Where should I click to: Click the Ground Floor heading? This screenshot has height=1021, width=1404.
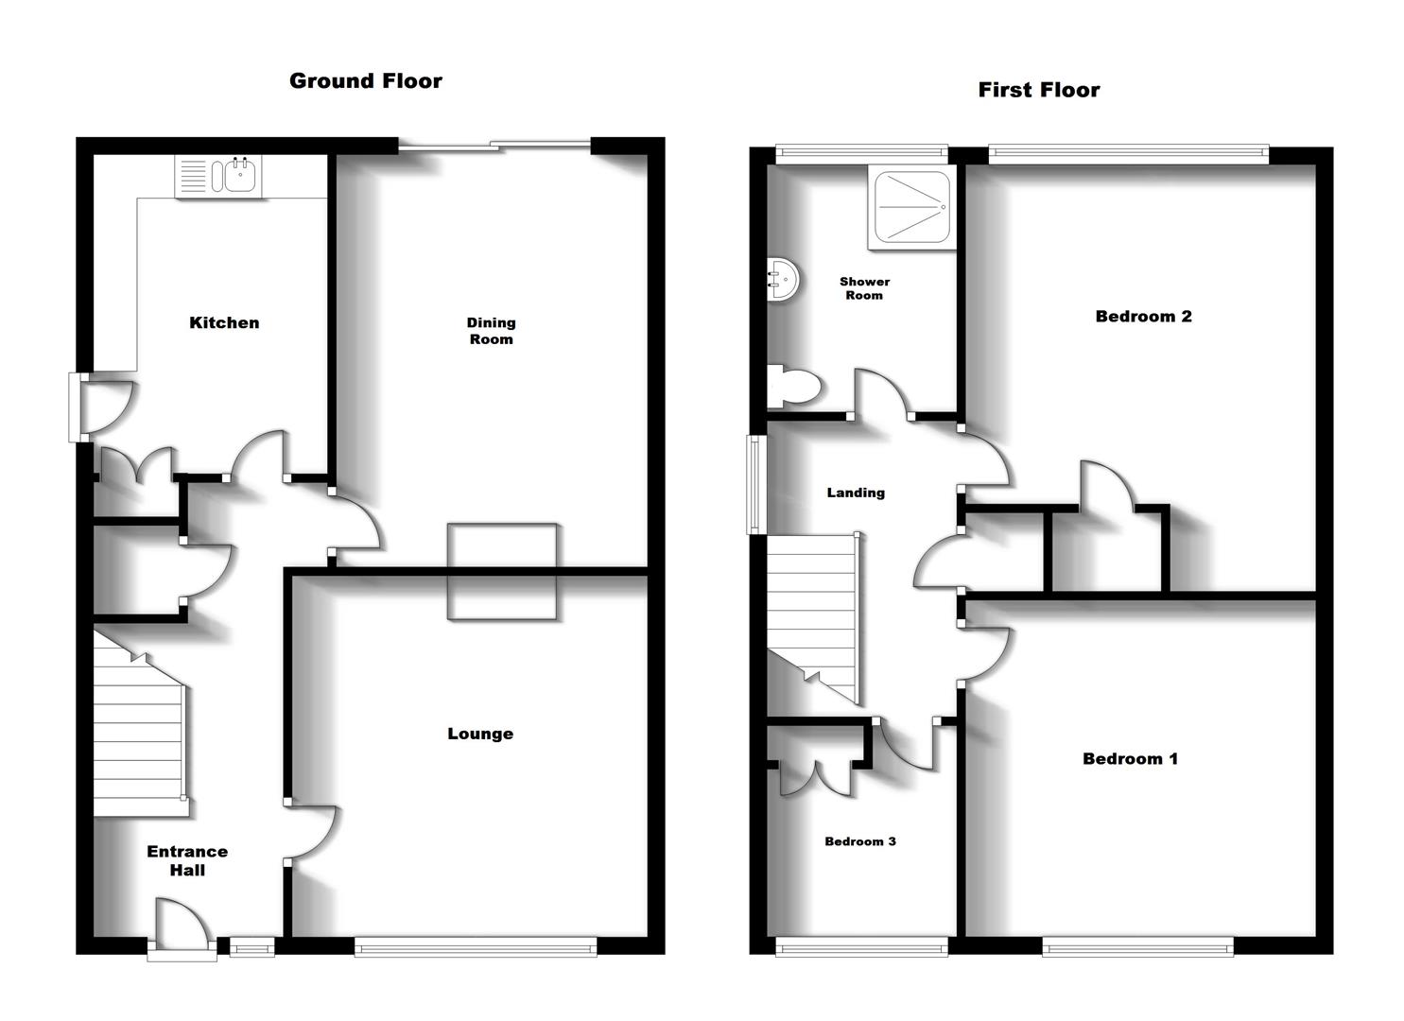[x=365, y=81]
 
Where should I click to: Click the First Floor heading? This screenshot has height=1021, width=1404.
[x=1038, y=90]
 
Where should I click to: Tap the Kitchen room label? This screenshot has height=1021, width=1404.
[x=224, y=323]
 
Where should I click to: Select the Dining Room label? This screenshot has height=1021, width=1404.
[x=491, y=331]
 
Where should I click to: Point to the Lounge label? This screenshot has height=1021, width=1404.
[x=480, y=734]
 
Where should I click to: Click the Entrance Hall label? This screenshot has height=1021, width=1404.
[x=187, y=860]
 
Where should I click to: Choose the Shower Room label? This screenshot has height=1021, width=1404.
[x=864, y=288]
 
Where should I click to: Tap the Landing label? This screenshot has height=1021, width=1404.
[x=856, y=493]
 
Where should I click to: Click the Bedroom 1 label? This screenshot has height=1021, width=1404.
[x=1130, y=758]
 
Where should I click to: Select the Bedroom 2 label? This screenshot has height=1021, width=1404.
[x=1143, y=317]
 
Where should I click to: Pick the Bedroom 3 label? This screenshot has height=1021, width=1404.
[x=859, y=841]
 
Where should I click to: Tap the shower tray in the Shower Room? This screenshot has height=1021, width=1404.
[x=910, y=208]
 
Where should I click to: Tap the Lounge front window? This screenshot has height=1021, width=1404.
[x=476, y=945]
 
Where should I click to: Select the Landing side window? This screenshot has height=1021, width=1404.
[x=756, y=484]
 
